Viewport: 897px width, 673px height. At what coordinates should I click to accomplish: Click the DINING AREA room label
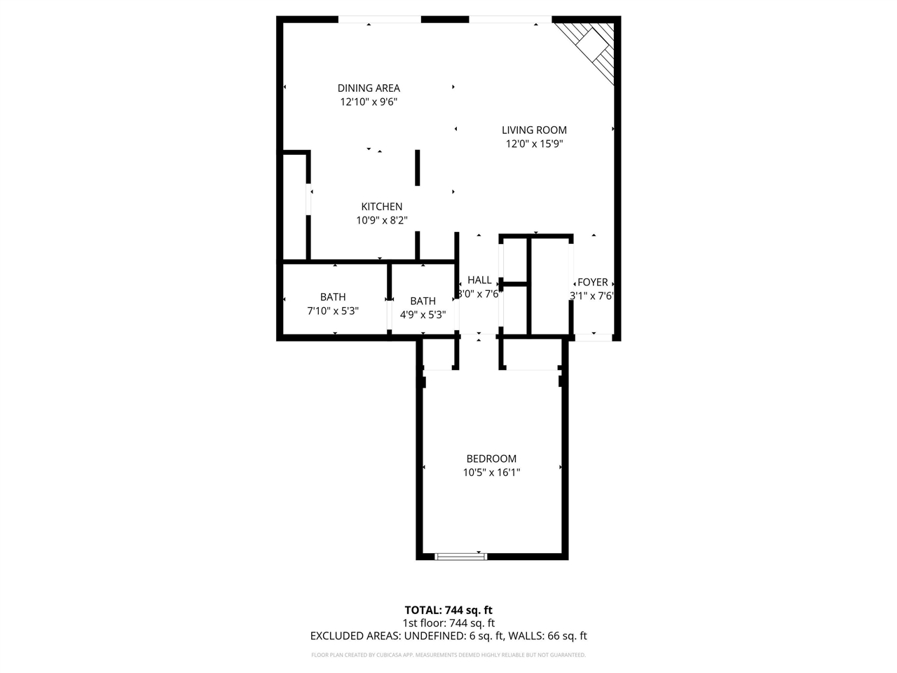(x=369, y=88)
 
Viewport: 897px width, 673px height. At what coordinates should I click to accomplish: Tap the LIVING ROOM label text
(x=534, y=130)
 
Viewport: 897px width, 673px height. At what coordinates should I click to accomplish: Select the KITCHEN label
(x=382, y=207)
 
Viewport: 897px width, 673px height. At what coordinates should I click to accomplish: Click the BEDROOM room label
(x=491, y=458)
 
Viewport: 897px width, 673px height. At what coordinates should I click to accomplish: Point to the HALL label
(x=479, y=280)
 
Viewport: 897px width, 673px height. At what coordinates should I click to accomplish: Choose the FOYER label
(x=593, y=283)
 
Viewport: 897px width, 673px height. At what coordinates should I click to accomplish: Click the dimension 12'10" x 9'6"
(x=369, y=102)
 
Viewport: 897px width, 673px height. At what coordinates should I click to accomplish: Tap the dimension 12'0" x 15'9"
(x=534, y=144)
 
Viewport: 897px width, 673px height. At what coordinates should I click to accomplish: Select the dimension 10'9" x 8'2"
(x=382, y=221)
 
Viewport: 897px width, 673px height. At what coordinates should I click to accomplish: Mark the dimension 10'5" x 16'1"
(x=491, y=473)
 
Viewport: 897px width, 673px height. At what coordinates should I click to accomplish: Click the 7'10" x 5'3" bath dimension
(x=333, y=311)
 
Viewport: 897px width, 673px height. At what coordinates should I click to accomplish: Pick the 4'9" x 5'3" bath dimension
(x=423, y=315)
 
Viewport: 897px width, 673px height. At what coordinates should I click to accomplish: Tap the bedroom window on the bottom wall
(x=460, y=557)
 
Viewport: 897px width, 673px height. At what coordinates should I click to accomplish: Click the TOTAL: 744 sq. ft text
(x=448, y=610)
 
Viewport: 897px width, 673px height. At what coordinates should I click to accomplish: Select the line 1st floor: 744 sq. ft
(x=448, y=623)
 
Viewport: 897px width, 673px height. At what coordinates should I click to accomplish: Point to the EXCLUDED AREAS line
(x=448, y=637)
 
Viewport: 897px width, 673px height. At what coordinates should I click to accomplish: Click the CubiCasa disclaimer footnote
(x=448, y=655)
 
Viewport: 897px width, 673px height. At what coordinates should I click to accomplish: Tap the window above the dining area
(x=379, y=20)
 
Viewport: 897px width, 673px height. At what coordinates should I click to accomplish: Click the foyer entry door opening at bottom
(x=593, y=338)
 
